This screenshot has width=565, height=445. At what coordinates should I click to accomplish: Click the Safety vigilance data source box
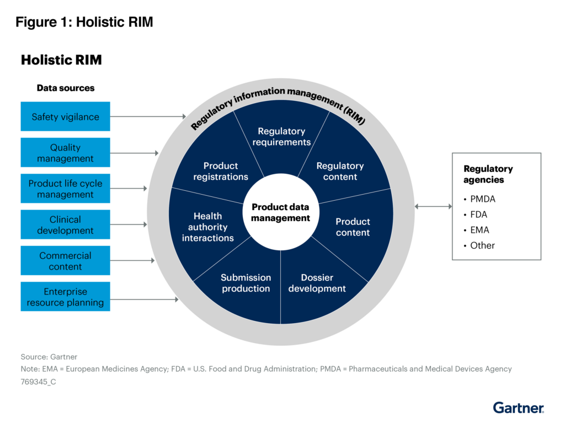pos(65,117)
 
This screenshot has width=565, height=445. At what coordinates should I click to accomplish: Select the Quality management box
pos(65,153)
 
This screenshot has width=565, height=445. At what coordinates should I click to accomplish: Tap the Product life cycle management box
pos(65,189)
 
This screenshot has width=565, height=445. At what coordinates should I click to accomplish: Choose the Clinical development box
pos(65,225)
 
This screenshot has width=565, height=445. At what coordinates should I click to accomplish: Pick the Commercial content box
pos(65,261)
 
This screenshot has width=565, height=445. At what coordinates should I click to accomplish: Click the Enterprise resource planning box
pos(65,297)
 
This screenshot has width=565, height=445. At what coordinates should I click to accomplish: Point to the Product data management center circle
pos(281,212)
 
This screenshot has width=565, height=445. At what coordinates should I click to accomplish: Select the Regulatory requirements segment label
pos(281,137)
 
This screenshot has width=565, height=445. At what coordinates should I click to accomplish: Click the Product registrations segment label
pos(221,171)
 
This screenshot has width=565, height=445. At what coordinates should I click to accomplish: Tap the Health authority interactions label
pos(207,227)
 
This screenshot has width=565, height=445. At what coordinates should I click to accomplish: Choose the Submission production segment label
pos(246,283)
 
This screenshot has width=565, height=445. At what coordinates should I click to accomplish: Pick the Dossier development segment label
pos(317,283)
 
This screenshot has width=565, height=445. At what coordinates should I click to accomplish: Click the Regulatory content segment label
pos(340,171)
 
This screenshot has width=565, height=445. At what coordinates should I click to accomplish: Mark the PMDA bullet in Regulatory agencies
pos(482,199)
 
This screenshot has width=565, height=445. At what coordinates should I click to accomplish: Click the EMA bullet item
pos(479,230)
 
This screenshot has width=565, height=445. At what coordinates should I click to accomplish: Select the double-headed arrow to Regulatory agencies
pos(433,206)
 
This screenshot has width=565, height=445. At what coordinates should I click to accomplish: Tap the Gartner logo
pos(518,408)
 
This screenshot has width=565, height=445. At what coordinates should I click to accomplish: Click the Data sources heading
pos(65,88)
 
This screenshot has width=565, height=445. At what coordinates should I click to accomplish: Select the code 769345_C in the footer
pos(39,381)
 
